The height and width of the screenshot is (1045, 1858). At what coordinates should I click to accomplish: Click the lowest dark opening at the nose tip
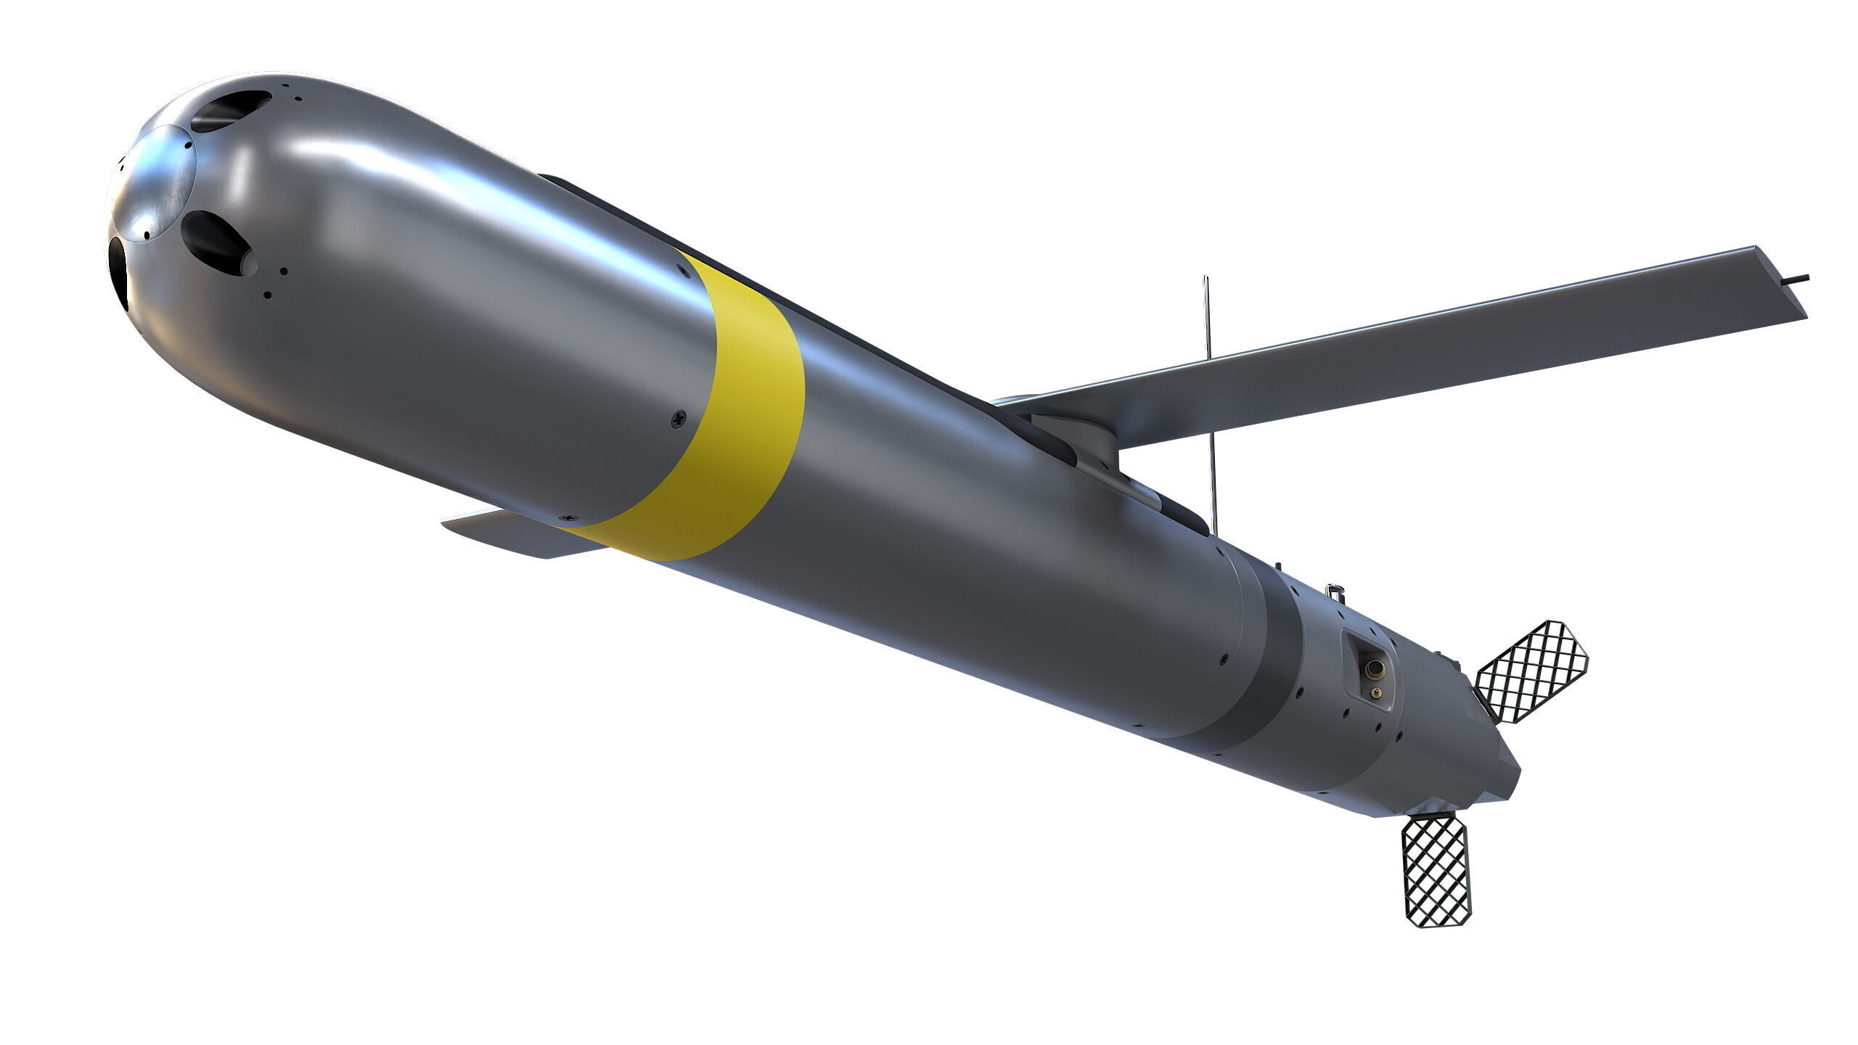pos(118,273)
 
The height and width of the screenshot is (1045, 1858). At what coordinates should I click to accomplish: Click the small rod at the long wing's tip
pos(1798,278)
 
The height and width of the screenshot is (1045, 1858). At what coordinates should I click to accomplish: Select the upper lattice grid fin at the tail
pos(1531,672)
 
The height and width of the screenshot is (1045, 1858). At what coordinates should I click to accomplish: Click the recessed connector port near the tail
pos(1369,671)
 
